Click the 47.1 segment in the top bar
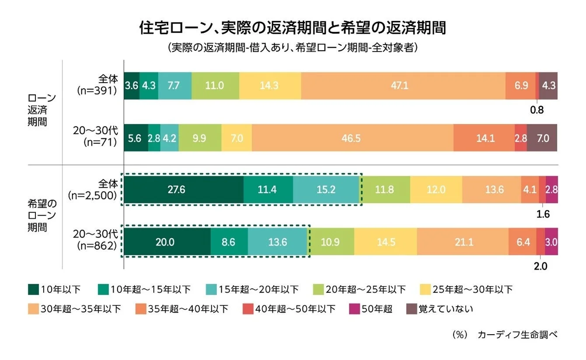tap(403, 86)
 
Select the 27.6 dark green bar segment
tap(184, 190)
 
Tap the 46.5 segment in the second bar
tap(352, 138)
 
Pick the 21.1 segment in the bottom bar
tap(463, 242)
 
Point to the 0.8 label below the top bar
tap(537, 110)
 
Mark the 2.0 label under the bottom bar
tap(541, 266)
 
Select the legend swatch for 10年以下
tap(33, 290)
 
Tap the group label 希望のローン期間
tap(39, 216)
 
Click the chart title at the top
tap(292, 28)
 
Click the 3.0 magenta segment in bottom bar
tap(551, 242)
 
